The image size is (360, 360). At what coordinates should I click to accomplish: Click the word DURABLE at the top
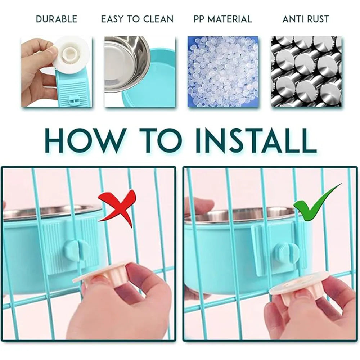(57, 19)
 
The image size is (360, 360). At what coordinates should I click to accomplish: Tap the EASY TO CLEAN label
(137, 19)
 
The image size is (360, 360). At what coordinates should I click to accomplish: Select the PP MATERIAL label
(223, 19)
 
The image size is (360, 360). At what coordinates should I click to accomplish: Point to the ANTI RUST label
(306, 19)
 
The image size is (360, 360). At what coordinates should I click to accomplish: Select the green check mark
(318, 202)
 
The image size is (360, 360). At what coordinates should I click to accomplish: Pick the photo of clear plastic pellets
(223, 71)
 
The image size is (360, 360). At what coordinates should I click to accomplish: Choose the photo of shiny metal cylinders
(306, 71)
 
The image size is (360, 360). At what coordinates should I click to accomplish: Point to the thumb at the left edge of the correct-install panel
(200, 206)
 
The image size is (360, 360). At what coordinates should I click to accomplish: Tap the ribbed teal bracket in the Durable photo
(69, 89)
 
